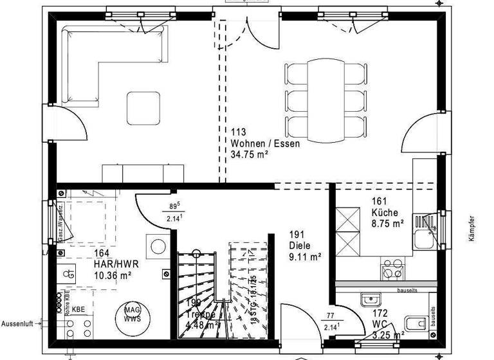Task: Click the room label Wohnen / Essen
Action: (x=264, y=143)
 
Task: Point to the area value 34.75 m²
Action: (x=250, y=154)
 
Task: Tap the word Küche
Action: (x=385, y=212)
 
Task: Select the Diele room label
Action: (x=300, y=245)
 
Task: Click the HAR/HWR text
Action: (x=116, y=264)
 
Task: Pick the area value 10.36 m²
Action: (x=113, y=275)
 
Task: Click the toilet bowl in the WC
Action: (x=413, y=322)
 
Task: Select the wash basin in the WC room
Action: (x=372, y=300)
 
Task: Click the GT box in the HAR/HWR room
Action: (x=71, y=273)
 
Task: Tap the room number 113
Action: (x=239, y=132)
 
